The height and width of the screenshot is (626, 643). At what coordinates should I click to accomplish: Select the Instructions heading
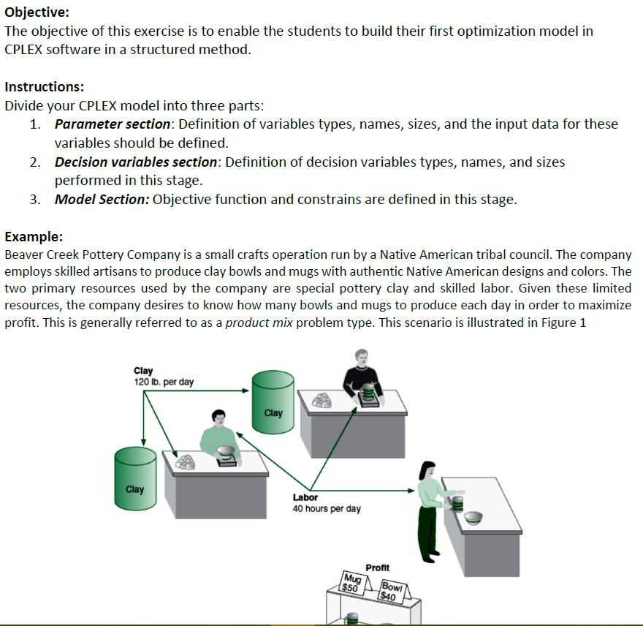[45, 86]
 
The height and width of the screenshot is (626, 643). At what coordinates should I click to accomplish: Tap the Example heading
[34, 236]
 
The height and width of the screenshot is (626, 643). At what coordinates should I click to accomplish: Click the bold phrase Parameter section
[113, 124]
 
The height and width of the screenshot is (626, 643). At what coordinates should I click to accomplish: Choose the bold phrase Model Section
[102, 200]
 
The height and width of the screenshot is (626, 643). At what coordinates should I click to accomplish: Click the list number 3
[35, 200]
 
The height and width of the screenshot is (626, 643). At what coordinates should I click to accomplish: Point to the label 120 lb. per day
[164, 382]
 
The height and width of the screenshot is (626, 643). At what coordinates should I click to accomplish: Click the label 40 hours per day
[326, 508]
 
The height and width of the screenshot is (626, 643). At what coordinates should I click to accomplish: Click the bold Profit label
[377, 567]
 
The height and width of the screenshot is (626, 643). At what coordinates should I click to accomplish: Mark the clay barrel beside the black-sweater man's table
[273, 399]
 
